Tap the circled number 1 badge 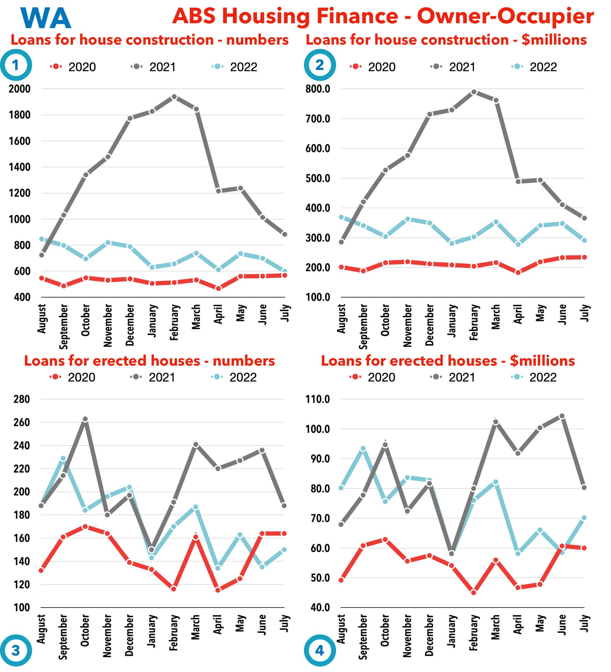(16, 65)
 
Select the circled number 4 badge (320, 650)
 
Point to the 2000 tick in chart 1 (19, 89)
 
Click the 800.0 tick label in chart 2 (318, 89)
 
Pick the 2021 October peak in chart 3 (85, 419)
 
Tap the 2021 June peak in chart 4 (562, 416)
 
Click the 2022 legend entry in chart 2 (535, 67)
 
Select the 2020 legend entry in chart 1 (73, 67)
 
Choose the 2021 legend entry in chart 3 (153, 377)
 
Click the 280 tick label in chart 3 (22, 399)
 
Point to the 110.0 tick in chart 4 (318, 399)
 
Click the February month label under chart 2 (474, 322)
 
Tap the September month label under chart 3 (63, 637)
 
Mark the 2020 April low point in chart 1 (218, 288)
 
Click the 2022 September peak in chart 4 (363, 449)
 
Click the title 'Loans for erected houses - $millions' (448, 361)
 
